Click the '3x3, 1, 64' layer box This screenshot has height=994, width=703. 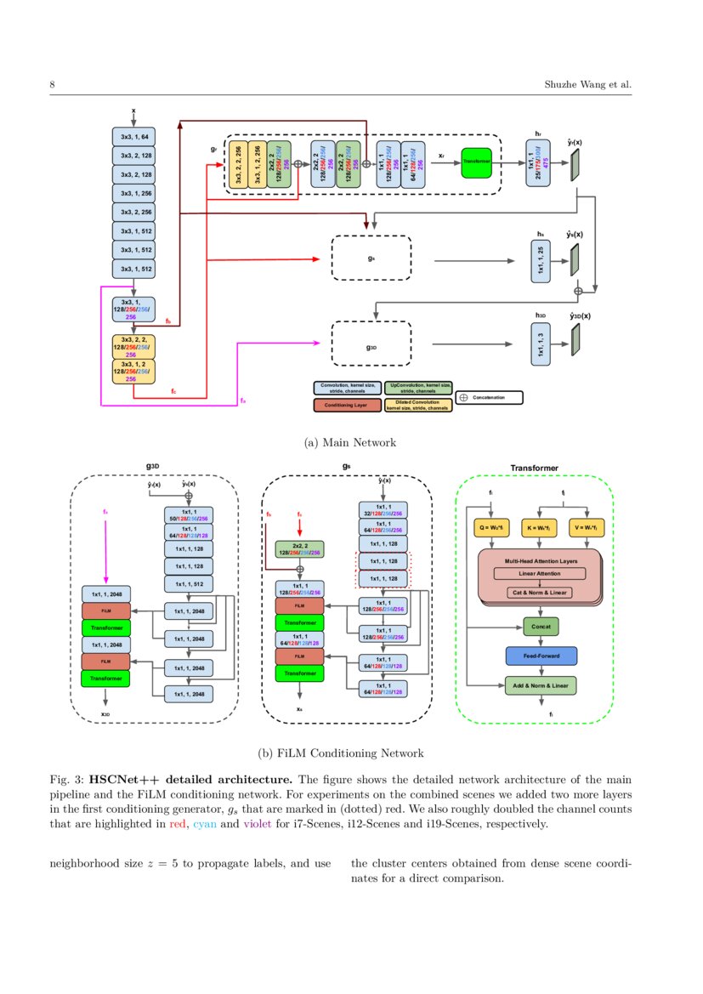click(x=133, y=136)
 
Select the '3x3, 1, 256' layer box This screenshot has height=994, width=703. click(x=133, y=193)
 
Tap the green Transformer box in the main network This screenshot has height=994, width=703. click(x=477, y=162)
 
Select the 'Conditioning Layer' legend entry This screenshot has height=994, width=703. click(x=346, y=405)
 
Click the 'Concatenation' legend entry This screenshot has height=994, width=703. click(x=489, y=397)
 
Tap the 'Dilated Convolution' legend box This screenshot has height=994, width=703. click(x=417, y=405)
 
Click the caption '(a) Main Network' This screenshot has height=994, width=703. click(x=349, y=443)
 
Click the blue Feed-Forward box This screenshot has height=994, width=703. click(x=541, y=656)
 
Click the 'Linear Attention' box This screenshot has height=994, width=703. click(x=540, y=574)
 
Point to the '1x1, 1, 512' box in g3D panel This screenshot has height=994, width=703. click(x=188, y=584)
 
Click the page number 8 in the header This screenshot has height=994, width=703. click(x=53, y=85)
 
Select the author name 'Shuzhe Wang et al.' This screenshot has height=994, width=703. click(x=587, y=85)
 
